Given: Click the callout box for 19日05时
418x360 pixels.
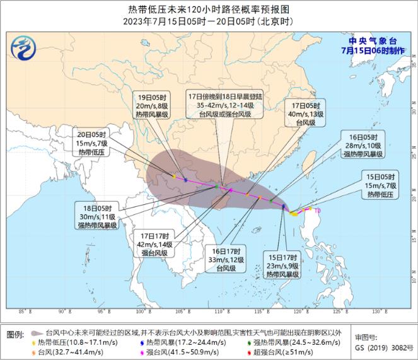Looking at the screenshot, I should [x=153, y=107].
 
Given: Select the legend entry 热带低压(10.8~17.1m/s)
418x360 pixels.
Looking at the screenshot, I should [x=70, y=342].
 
